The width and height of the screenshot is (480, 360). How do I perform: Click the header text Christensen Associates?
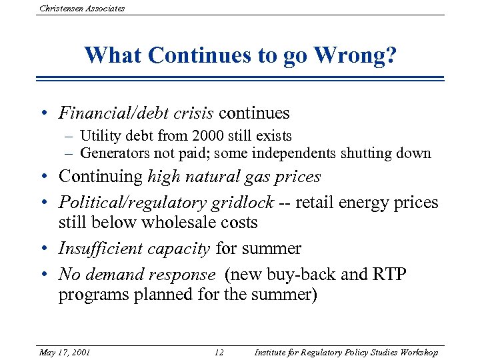click(82, 9)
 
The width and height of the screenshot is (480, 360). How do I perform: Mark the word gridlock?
click(239, 202)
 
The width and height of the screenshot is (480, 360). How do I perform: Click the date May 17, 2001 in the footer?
click(64, 352)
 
